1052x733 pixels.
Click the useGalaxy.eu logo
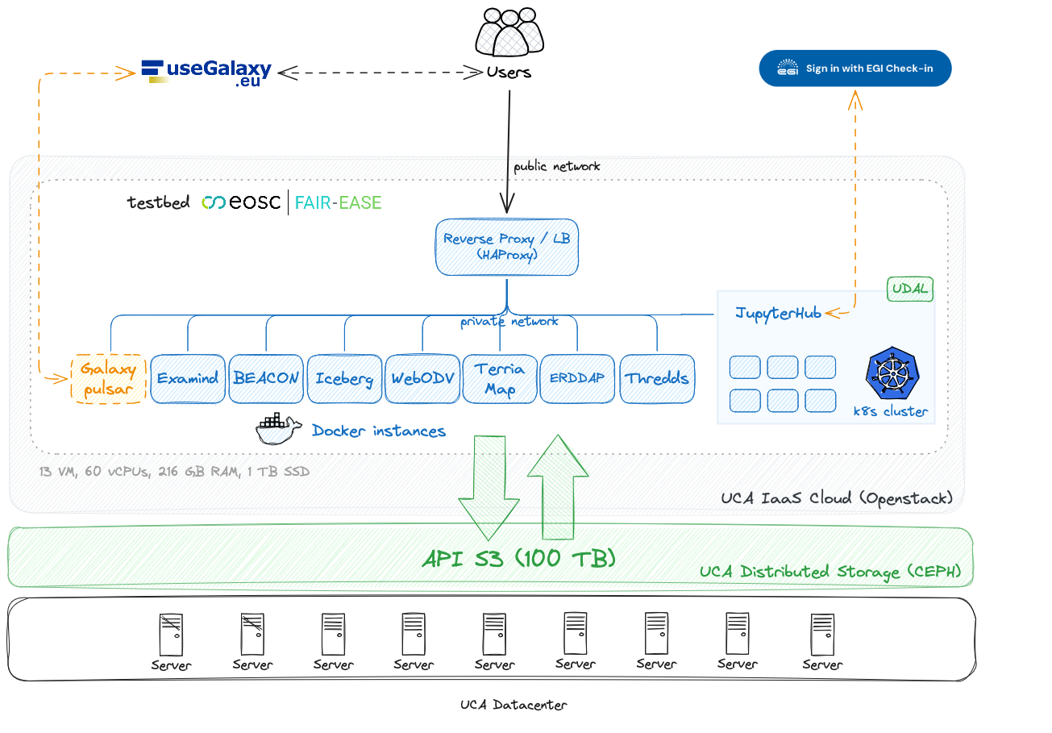(207, 73)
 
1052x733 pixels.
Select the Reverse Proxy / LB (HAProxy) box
(507, 246)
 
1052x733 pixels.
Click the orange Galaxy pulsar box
(108, 378)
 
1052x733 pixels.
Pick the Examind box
(187, 378)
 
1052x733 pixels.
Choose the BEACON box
(266, 378)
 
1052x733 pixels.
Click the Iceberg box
(344, 378)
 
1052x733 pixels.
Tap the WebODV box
(422, 378)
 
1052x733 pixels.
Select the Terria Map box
(500, 378)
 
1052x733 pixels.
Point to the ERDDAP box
(577, 378)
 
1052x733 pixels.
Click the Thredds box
(657, 378)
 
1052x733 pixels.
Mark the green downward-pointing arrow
(489, 487)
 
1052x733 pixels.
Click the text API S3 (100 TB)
(518, 558)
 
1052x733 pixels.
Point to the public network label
(557, 167)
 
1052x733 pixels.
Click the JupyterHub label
(778, 313)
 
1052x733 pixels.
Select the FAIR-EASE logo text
(338, 202)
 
